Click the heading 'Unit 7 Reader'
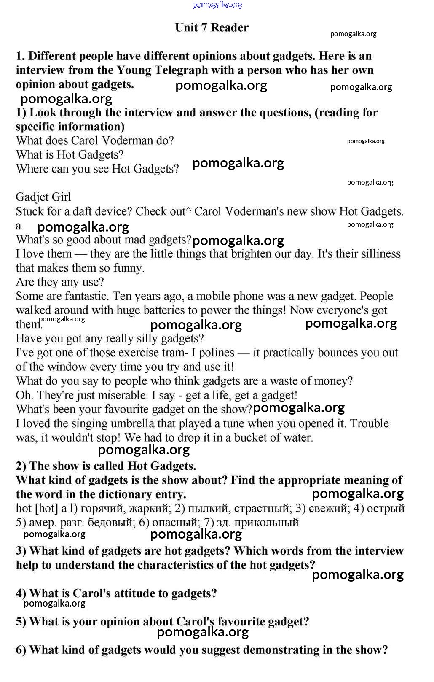pyautogui.click(x=212, y=28)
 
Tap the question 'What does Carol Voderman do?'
pyautogui.click(x=95, y=140)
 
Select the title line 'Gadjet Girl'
pyautogui.click(x=43, y=197)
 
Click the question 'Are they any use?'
pyautogui.click(x=60, y=282)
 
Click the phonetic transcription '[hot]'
pyautogui.click(x=46, y=508)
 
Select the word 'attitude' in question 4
pyautogui.click(x=128, y=593)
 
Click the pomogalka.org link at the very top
pyautogui.click(x=217, y=5)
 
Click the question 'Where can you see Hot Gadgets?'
pyautogui.click(x=97, y=169)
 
